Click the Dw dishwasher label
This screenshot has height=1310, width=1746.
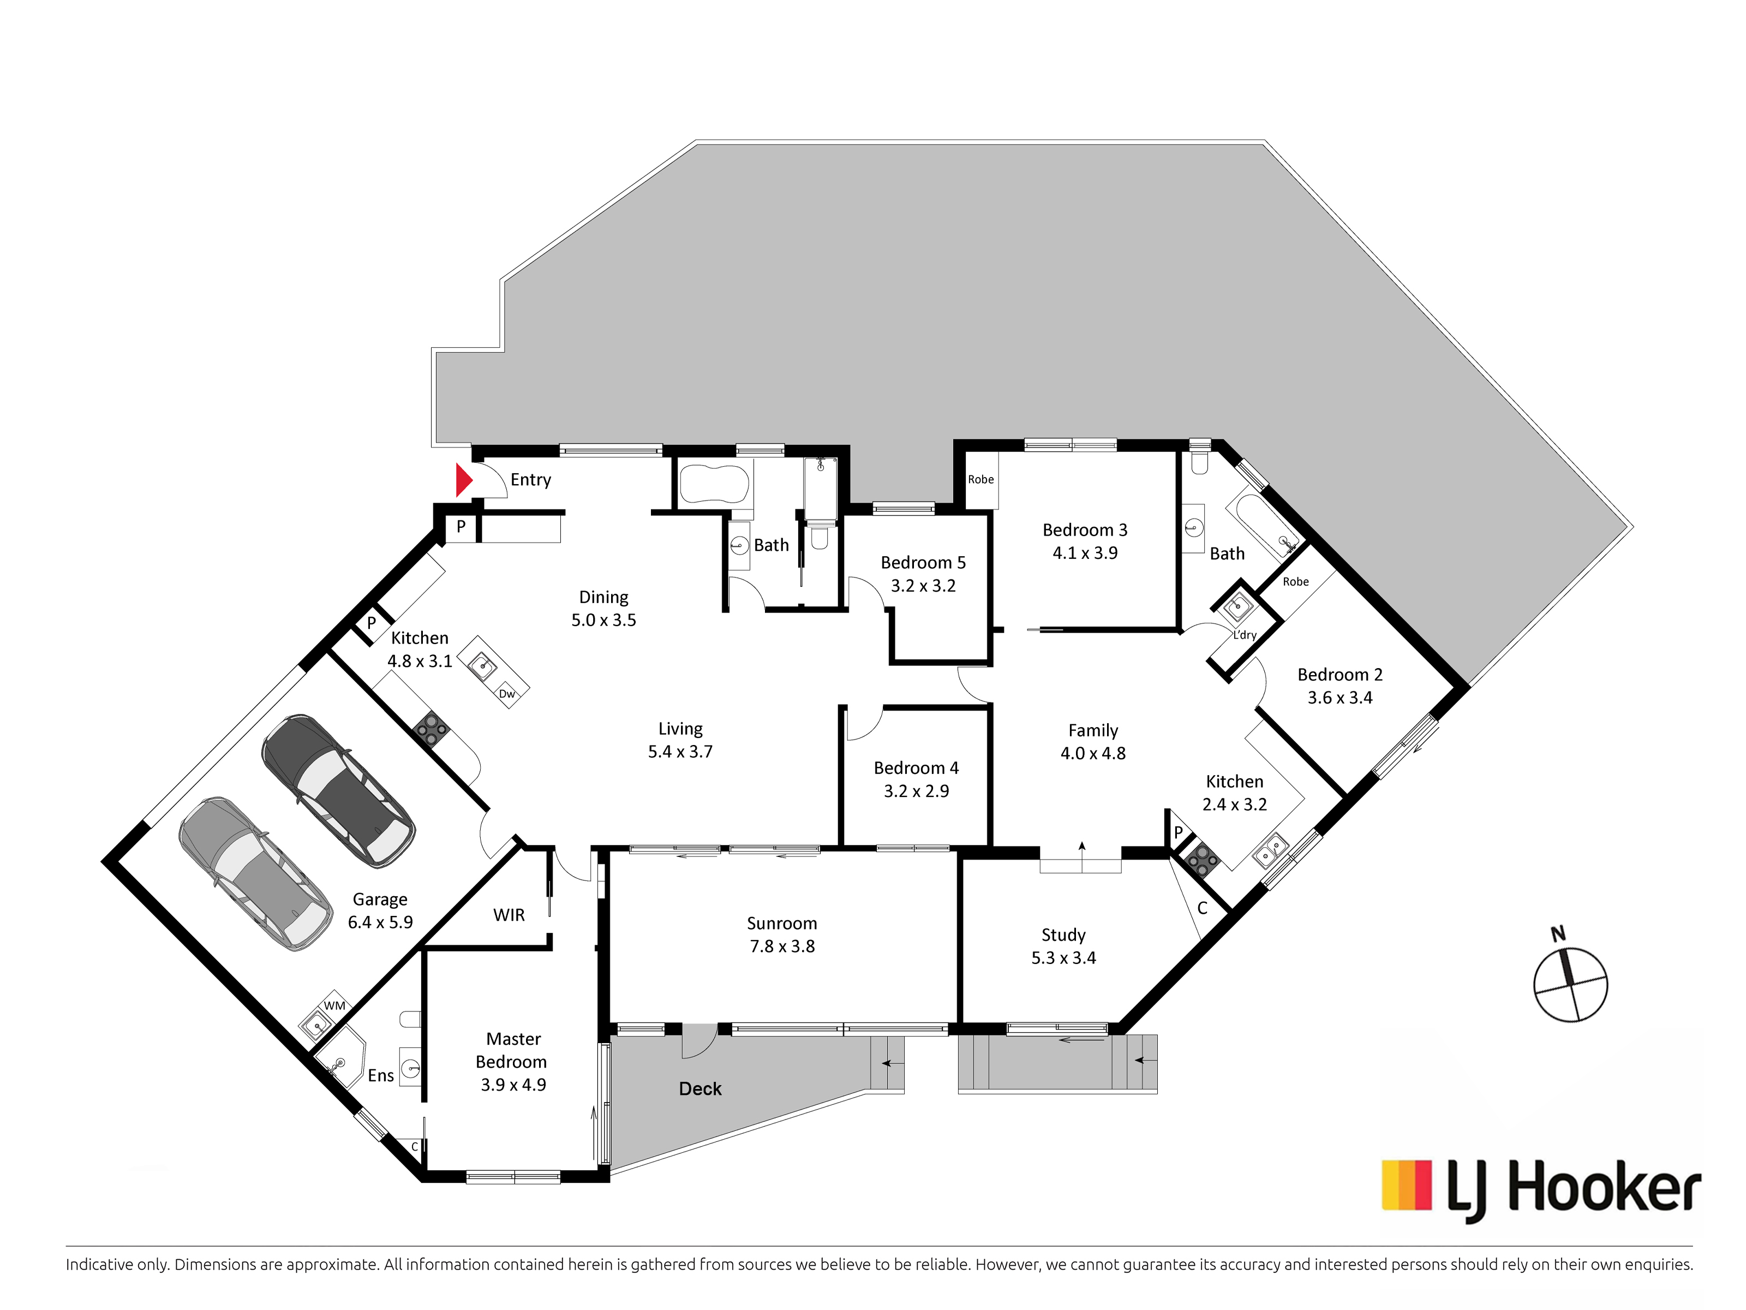tap(507, 694)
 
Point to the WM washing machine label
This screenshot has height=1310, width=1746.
tap(334, 1005)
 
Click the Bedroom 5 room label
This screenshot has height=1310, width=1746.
tap(923, 563)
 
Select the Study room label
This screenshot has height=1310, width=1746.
tap(1063, 935)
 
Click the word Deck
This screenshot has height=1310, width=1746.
tap(700, 1089)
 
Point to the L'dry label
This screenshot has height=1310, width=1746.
tap(1245, 635)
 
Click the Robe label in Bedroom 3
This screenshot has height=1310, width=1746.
tap(981, 479)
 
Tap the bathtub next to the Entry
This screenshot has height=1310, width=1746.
tap(714, 483)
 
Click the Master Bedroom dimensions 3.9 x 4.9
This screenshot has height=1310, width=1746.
tap(513, 1085)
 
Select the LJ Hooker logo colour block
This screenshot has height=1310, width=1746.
tap(1407, 1184)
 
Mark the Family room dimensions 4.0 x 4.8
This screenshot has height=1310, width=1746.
tap(1093, 753)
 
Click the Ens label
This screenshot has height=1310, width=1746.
tap(380, 1075)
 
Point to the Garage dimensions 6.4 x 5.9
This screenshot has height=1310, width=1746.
tap(380, 922)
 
